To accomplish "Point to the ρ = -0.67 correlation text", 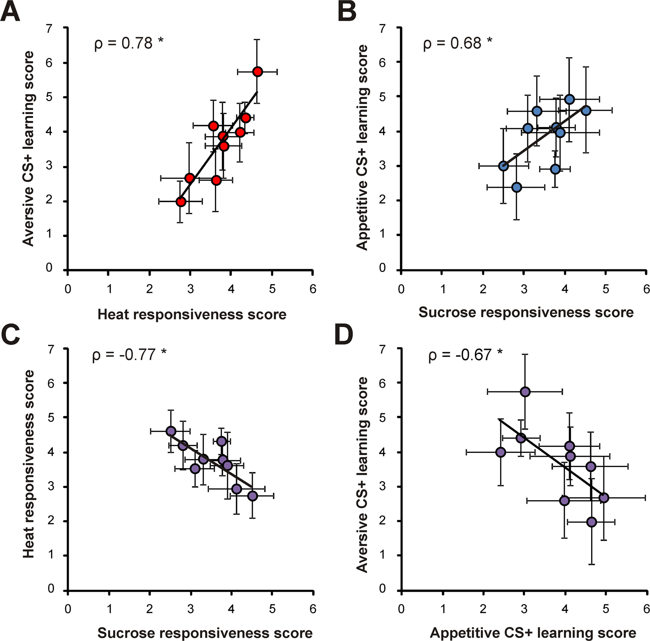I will tap(465, 355).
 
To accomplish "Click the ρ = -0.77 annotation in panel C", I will tap(129, 355).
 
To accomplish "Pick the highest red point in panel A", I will tap(257, 72).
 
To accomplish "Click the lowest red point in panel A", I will tap(181, 202).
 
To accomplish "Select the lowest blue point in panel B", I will tap(517, 187).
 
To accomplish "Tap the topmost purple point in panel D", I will tap(525, 392).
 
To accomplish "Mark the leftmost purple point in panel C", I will tap(171, 431).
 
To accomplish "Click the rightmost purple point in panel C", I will tap(252, 496).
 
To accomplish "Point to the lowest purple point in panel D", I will tap(591, 522).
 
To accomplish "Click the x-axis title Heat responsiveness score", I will tap(192, 314).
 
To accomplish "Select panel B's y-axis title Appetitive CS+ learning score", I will tap(362, 147).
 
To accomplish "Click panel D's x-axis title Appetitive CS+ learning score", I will tap(533, 633).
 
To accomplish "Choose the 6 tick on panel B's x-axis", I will tap(646, 289).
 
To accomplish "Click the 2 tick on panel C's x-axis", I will tap(150, 609).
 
